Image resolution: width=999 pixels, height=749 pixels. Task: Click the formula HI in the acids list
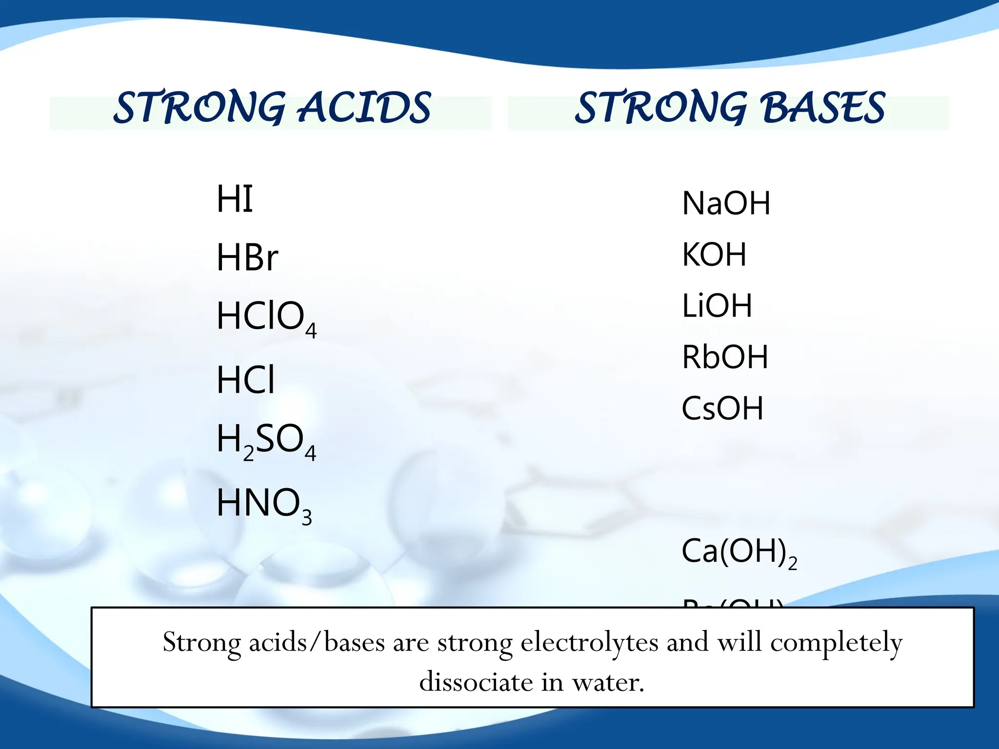coord(235,199)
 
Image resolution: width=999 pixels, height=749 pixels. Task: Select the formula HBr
coord(247,257)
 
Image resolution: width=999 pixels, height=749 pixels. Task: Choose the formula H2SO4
coord(266,440)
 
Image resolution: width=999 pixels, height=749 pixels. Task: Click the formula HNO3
coord(263,504)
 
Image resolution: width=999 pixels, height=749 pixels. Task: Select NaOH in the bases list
coord(726,203)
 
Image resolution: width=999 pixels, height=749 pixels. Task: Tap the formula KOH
coord(714,255)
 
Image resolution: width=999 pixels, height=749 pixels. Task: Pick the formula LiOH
coord(717,306)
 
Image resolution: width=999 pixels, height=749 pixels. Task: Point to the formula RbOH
coord(725,357)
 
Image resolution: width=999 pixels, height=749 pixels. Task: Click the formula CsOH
coord(722,409)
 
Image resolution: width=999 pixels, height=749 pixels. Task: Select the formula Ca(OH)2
coord(739,552)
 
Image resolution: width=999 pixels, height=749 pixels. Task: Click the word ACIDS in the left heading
coord(364,108)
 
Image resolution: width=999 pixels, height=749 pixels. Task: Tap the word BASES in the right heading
coord(823,108)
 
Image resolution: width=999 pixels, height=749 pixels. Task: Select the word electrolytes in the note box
coord(589,642)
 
